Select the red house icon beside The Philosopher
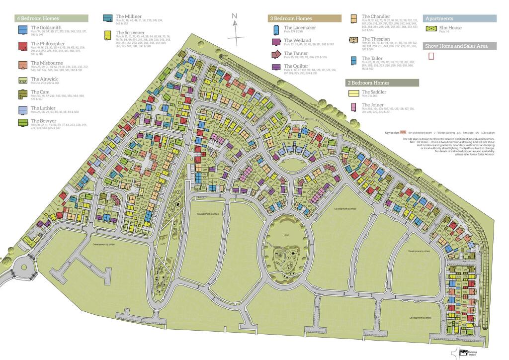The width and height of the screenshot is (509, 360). click(22, 47)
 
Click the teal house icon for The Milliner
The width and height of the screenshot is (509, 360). click(107, 18)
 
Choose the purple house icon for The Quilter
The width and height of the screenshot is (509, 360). click(276, 67)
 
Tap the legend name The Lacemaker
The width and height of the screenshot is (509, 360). click(300, 28)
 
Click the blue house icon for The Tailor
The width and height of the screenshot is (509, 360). click(354, 61)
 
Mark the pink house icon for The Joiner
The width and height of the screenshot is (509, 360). click(353, 106)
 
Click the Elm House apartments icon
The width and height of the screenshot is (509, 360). click(431, 29)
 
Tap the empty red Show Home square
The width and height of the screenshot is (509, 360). click(431, 56)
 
